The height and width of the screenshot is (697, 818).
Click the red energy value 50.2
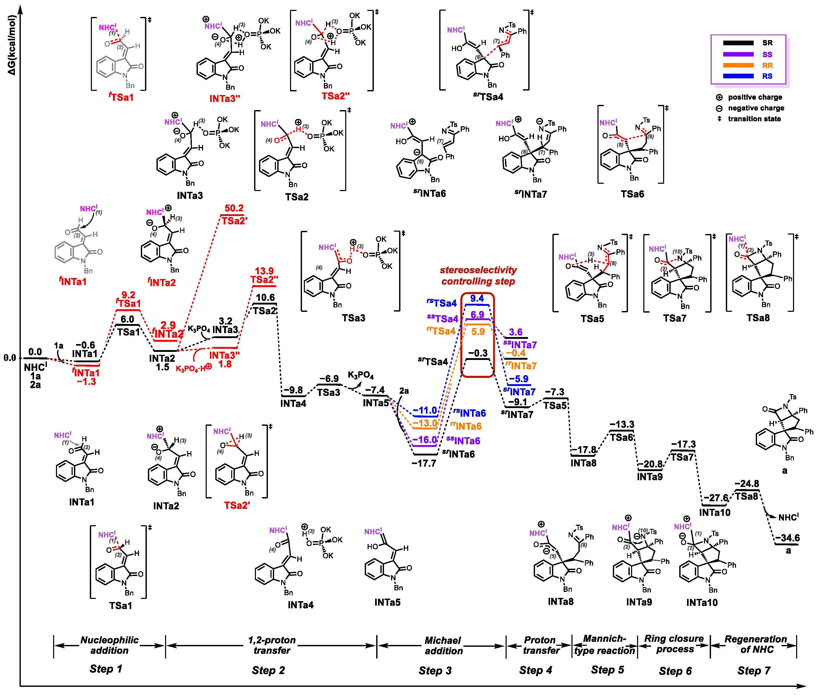[234, 208]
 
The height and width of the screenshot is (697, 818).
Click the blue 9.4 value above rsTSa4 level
[477, 298]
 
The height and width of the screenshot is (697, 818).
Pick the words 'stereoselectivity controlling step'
[478, 275]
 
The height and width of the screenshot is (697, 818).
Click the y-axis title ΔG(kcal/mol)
[11, 45]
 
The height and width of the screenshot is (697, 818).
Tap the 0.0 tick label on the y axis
[10, 358]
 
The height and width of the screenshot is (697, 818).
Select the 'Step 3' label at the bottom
[435, 670]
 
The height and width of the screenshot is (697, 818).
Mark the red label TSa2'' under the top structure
[336, 96]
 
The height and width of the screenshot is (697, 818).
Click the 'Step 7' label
[754, 670]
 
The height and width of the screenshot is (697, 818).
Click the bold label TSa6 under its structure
[632, 194]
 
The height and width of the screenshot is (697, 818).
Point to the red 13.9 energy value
[264, 271]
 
